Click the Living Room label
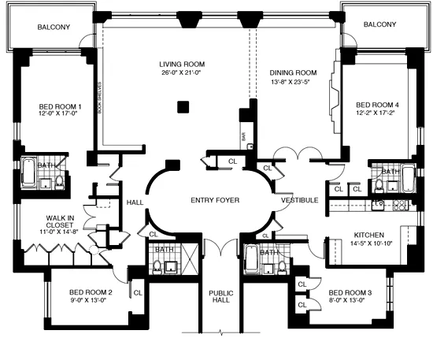pyautogui.click(x=182, y=65)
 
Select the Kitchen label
pyautogui.click(x=368, y=235)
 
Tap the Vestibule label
pyautogui.click(x=299, y=200)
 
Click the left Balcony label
pyautogui.click(x=54, y=28)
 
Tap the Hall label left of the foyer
pyautogui.click(x=133, y=202)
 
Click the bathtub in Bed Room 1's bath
pyautogui.click(x=27, y=175)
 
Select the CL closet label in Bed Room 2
pyautogui.click(x=137, y=292)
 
